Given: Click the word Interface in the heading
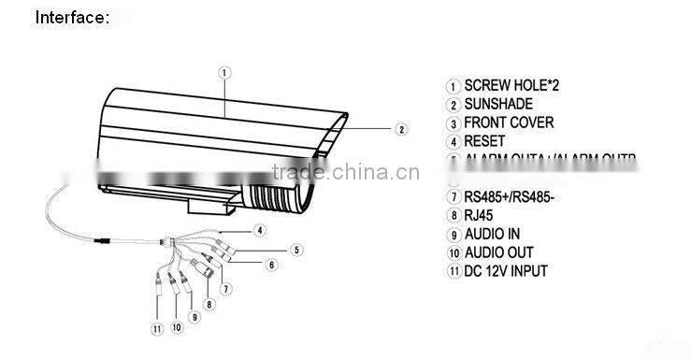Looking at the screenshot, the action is (71, 17).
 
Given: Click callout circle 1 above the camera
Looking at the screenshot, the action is (224, 72).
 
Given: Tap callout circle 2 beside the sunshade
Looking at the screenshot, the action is (399, 129).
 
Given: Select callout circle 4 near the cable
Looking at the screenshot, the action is (261, 229).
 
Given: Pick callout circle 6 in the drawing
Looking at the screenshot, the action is (272, 265).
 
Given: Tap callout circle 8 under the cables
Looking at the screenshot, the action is (209, 303).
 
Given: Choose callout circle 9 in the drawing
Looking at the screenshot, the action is (194, 316).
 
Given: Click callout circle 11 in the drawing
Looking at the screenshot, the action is (156, 328).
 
